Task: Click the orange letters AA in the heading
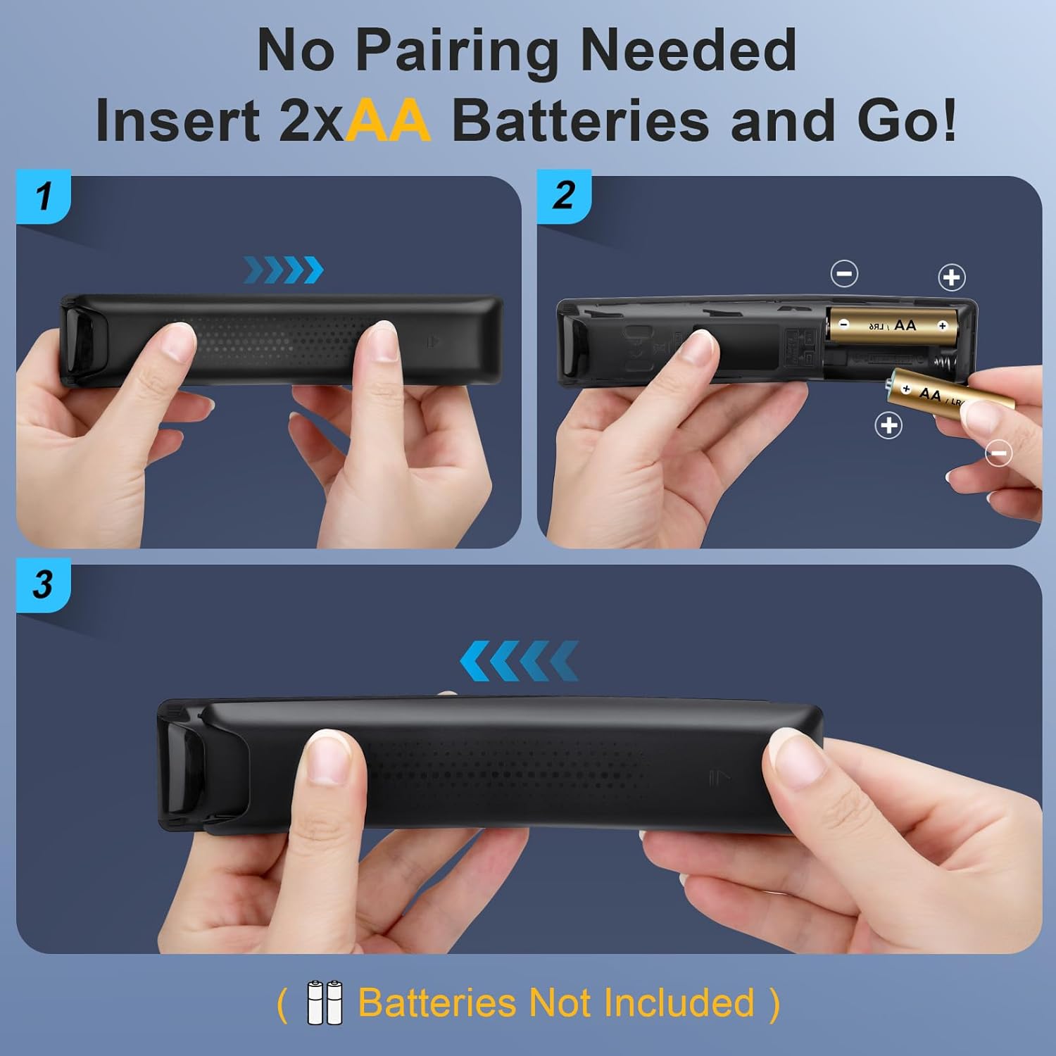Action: (x=388, y=121)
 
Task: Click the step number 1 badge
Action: (x=44, y=196)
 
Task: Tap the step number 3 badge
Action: (x=43, y=584)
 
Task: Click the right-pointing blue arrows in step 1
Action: (x=284, y=270)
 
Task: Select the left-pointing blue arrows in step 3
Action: (x=519, y=660)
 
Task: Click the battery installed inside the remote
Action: (x=893, y=325)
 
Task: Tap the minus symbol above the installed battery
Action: (x=844, y=273)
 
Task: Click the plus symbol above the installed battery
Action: (x=952, y=277)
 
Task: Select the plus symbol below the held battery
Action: (x=888, y=425)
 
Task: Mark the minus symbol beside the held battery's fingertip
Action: (x=998, y=453)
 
